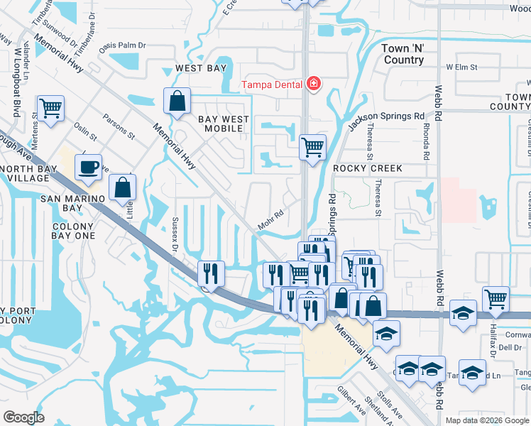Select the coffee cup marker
[x=88, y=168]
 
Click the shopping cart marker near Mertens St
[x=51, y=109]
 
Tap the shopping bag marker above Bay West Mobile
[x=177, y=102]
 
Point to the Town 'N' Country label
[x=403, y=54]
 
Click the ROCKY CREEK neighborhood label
[x=368, y=168]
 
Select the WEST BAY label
[x=201, y=69]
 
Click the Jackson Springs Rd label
[x=385, y=117]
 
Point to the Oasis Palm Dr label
[x=122, y=45]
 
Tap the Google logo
[x=24, y=417]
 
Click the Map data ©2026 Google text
[x=487, y=420]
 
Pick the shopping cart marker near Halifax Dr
[x=495, y=299]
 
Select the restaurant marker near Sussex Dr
[x=211, y=273]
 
